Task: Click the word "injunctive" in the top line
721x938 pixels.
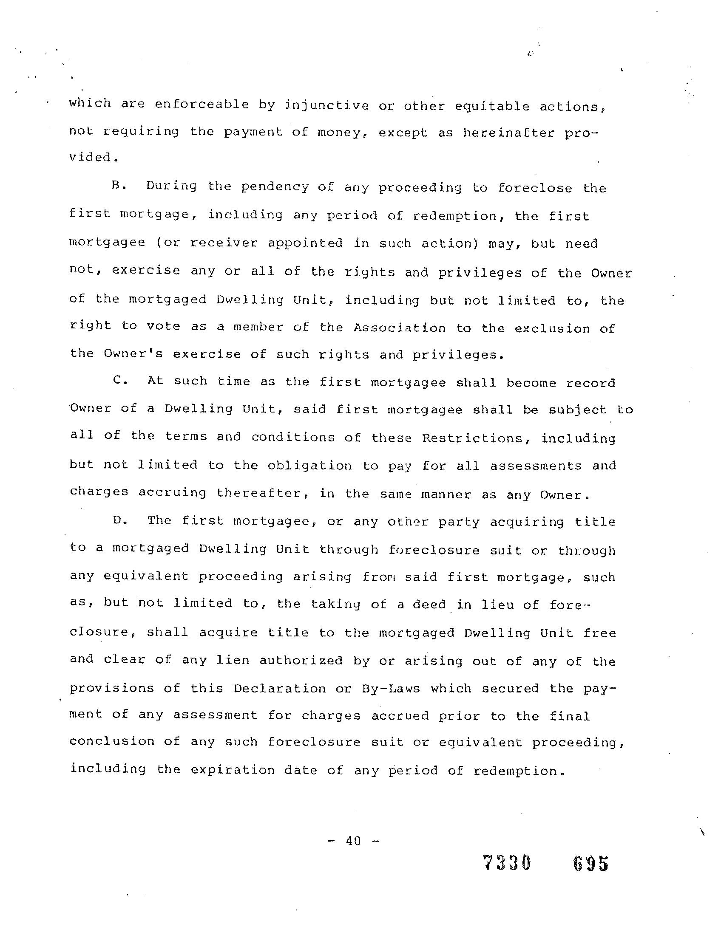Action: click(x=326, y=105)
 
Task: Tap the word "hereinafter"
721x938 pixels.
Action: click(x=509, y=133)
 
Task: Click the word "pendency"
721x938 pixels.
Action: click(x=275, y=187)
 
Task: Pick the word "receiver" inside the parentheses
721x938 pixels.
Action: click(x=224, y=243)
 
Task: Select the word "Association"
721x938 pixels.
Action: click(x=400, y=328)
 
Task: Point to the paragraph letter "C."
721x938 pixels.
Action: click(x=121, y=381)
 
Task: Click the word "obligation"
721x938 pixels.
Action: click(x=309, y=465)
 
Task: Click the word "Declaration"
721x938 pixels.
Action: click(x=280, y=688)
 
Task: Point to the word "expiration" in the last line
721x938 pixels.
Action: click(x=233, y=770)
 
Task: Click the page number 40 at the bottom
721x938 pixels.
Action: click(x=353, y=841)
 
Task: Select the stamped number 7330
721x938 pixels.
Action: click(x=507, y=862)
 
